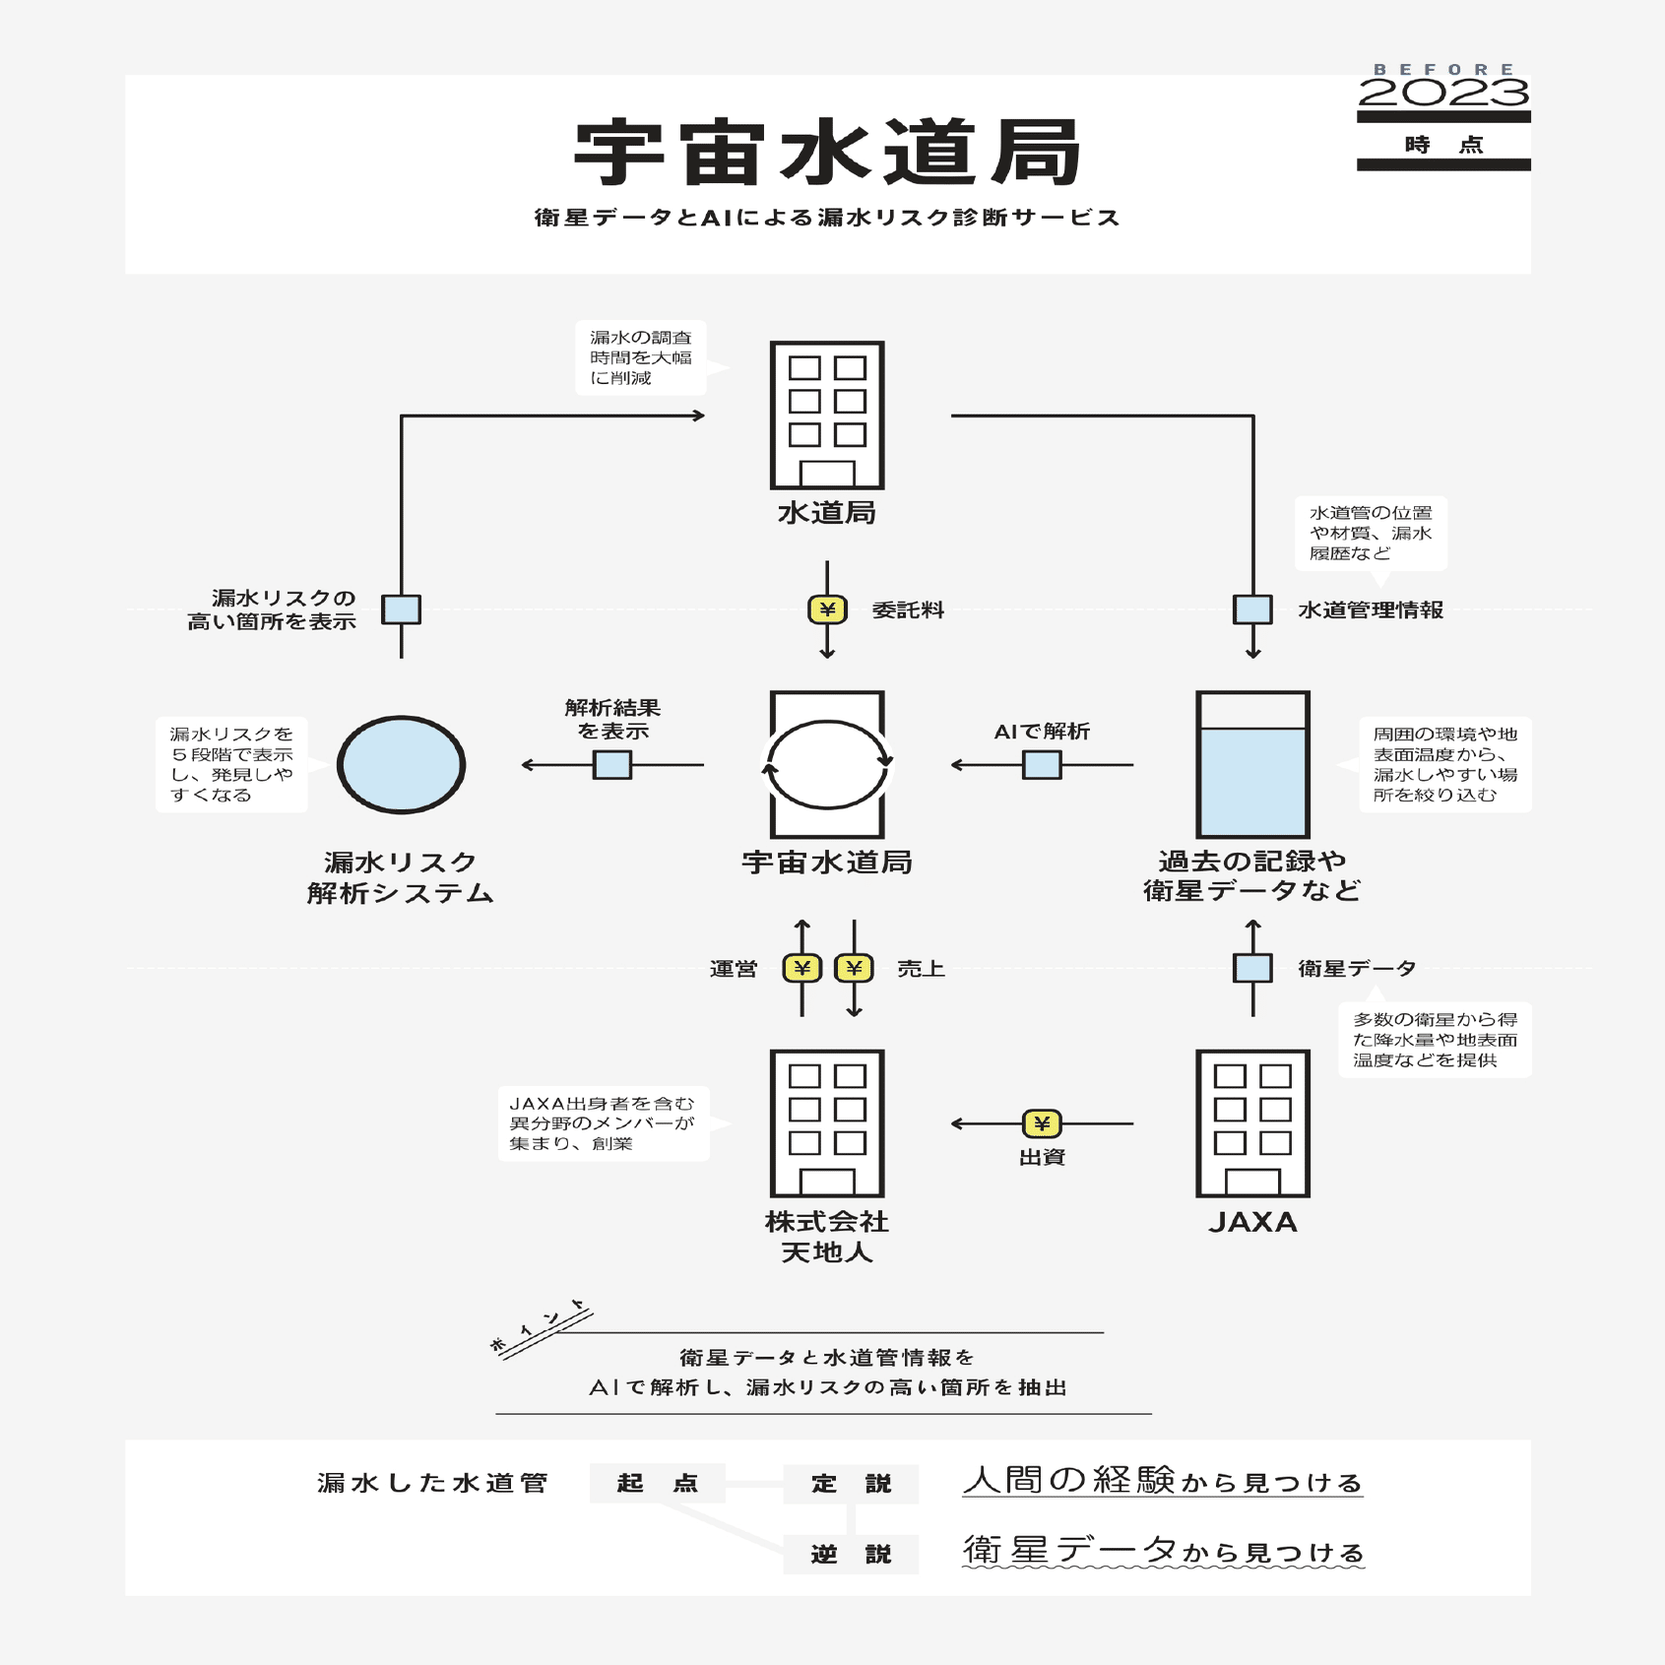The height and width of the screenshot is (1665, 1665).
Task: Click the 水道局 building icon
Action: click(x=827, y=415)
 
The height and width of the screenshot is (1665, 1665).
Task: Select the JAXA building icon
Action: click(x=1252, y=1123)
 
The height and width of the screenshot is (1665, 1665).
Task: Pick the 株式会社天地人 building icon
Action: click(x=827, y=1123)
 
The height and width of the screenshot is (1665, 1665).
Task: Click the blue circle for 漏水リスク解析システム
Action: click(x=401, y=764)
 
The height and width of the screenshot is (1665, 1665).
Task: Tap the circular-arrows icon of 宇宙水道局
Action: click(x=827, y=764)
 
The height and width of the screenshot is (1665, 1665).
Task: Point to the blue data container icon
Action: click(x=1252, y=764)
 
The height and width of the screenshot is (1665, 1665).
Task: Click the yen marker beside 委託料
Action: click(x=827, y=609)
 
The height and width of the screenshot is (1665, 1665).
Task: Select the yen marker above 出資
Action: click(x=1042, y=1123)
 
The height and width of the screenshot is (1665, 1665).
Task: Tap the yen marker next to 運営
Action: click(x=801, y=968)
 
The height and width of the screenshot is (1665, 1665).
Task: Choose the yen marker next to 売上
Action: click(x=854, y=968)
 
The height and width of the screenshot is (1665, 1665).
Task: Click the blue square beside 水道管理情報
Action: click(x=1252, y=609)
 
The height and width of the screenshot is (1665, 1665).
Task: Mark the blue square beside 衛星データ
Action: click(x=1252, y=968)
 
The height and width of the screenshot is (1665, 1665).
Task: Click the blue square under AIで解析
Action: click(x=1042, y=764)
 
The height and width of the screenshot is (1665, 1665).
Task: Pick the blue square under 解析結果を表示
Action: click(x=611, y=764)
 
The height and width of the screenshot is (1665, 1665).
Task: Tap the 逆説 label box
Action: click(x=851, y=1554)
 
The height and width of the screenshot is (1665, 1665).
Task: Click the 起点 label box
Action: click(x=657, y=1483)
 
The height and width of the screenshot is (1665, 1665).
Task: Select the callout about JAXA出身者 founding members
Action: click(x=603, y=1123)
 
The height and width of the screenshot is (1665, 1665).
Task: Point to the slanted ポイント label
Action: click(x=540, y=1327)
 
